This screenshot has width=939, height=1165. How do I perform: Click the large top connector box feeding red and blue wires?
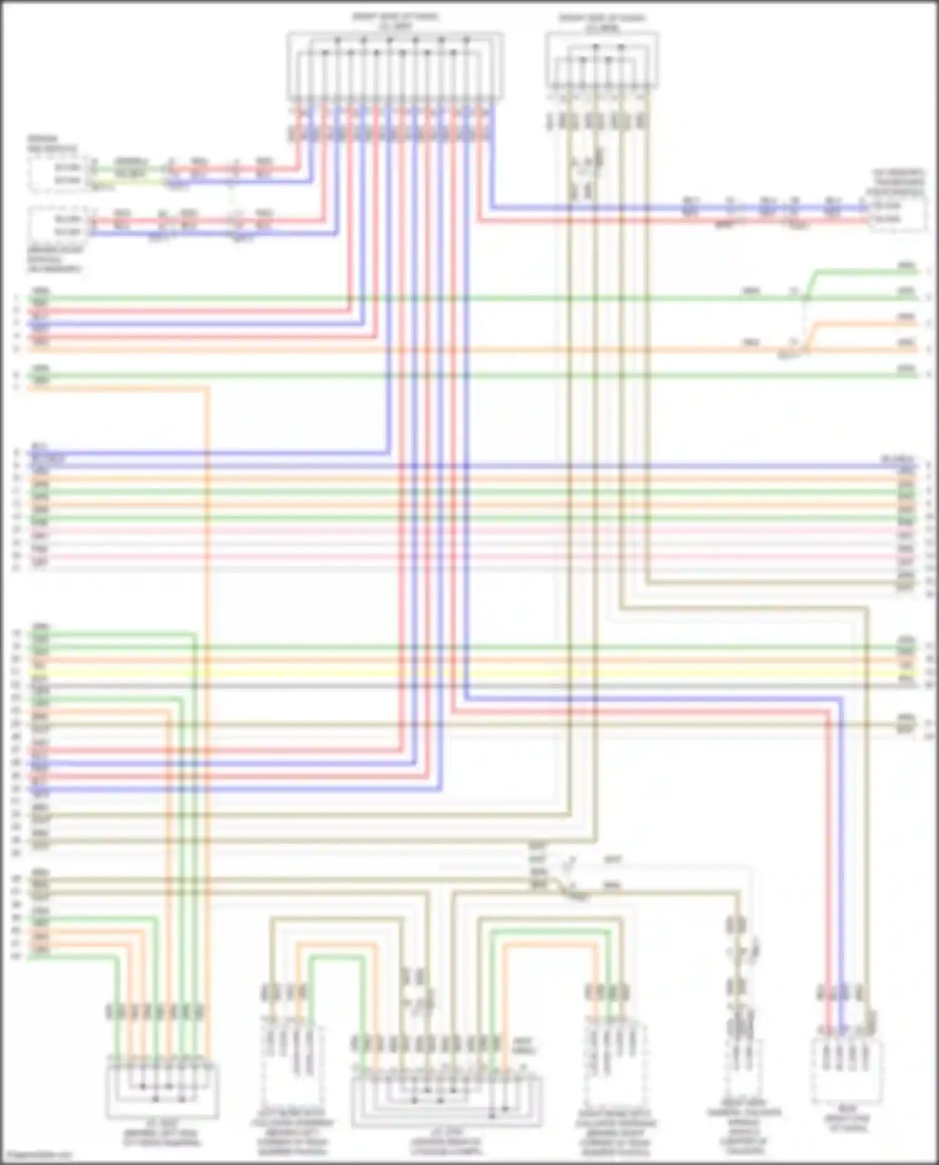395,66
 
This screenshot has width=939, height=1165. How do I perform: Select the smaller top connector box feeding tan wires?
602,61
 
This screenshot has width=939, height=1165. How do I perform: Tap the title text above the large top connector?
395,22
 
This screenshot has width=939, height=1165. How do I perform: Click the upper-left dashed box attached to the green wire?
58,174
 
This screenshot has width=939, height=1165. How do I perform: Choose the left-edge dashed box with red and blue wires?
58,226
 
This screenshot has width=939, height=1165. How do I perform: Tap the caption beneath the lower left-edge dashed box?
54,259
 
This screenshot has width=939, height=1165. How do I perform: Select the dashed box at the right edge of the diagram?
898,213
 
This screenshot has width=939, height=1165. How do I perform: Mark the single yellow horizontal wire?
469,673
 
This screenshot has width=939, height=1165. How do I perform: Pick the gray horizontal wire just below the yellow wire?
469,686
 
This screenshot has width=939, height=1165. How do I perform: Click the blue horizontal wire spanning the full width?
469,466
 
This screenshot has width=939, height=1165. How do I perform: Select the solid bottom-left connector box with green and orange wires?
162,1089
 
